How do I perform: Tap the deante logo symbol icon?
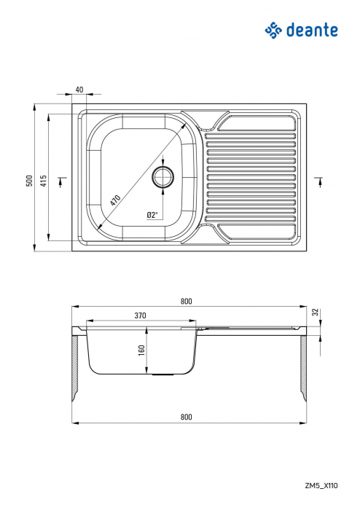click(273, 30)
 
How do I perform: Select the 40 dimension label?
click(79, 90)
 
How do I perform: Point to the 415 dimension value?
click(44, 181)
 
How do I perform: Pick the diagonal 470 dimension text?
click(114, 199)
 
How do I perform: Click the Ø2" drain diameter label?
click(152, 215)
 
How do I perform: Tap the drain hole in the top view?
click(164, 177)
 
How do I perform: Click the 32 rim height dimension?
click(315, 312)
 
